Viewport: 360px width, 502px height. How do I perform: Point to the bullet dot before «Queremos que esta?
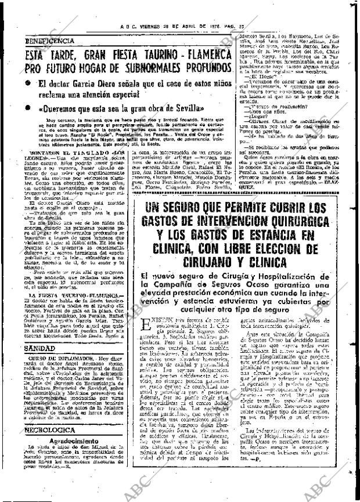coord(29,109)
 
